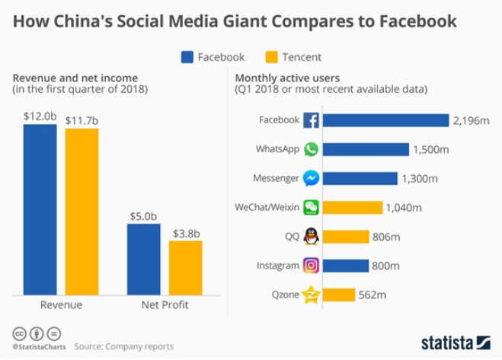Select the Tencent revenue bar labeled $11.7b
pyautogui.click(x=82, y=210)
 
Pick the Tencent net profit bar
pyautogui.click(x=185, y=266)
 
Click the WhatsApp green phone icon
pyautogui.click(x=311, y=149)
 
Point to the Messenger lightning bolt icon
pyautogui.click(x=311, y=178)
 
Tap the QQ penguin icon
pyautogui.click(x=311, y=237)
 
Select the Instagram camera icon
pyautogui.click(x=311, y=266)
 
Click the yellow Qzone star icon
pyautogui.click(x=311, y=295)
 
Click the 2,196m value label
pyautogui.click(x=470, y=120)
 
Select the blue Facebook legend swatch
pyautogui.click(x=187, y=56)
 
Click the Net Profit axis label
pyautogui.click(x=165, y=305)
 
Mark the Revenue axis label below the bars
pyautogui.click(x=61, y=305)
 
